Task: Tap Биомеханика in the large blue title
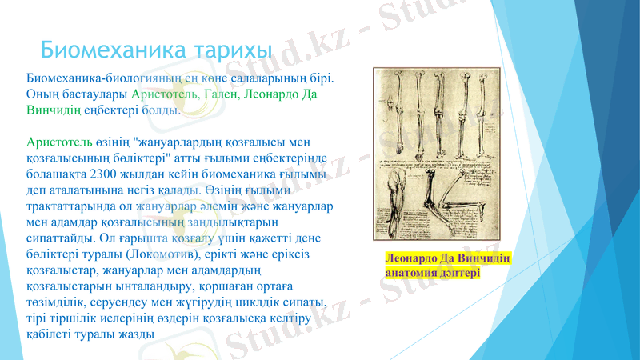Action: tap(114, 50)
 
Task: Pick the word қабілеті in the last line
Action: tap(50, 334)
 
